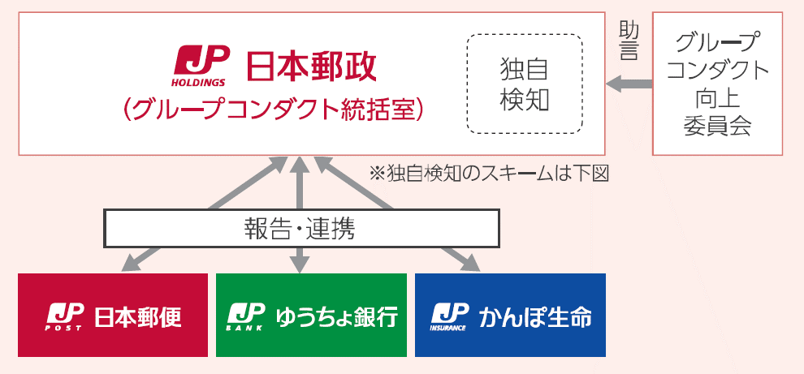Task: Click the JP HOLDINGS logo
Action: pos(199,66)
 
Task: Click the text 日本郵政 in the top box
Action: pos(312,66)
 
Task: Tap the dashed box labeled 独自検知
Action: pos(525,84)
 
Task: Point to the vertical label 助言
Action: pos(629,41)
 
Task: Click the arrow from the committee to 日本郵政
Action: pos(629,84)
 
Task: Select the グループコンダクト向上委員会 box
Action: pos(717,84)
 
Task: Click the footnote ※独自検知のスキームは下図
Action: pos(489,173)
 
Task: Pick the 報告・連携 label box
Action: pos(301,228)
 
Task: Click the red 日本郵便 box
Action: pos(113,315)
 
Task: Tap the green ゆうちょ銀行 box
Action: pos(311,315)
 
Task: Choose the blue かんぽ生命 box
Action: pos(510,315)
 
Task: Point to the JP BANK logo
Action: pos(245,316)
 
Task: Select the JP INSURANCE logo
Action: pos(449,316)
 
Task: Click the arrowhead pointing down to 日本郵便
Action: pos(132,263)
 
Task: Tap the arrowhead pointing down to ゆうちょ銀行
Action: pos(301,264)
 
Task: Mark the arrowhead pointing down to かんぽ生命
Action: pos(470,263)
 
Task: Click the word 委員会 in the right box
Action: pos(717,126)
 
